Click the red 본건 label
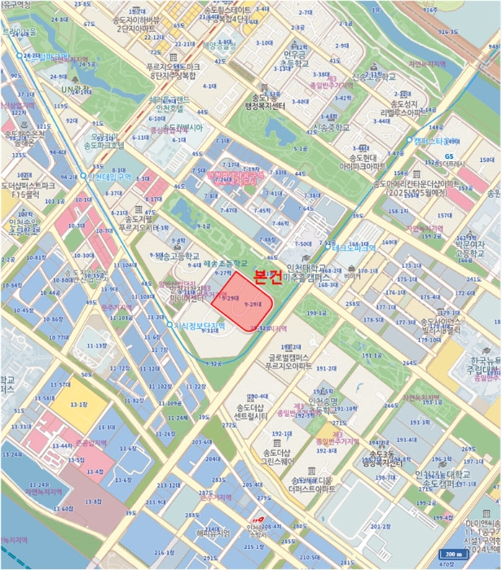269,277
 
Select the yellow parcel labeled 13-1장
79,404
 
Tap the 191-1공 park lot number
372,356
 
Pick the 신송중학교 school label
332,128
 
